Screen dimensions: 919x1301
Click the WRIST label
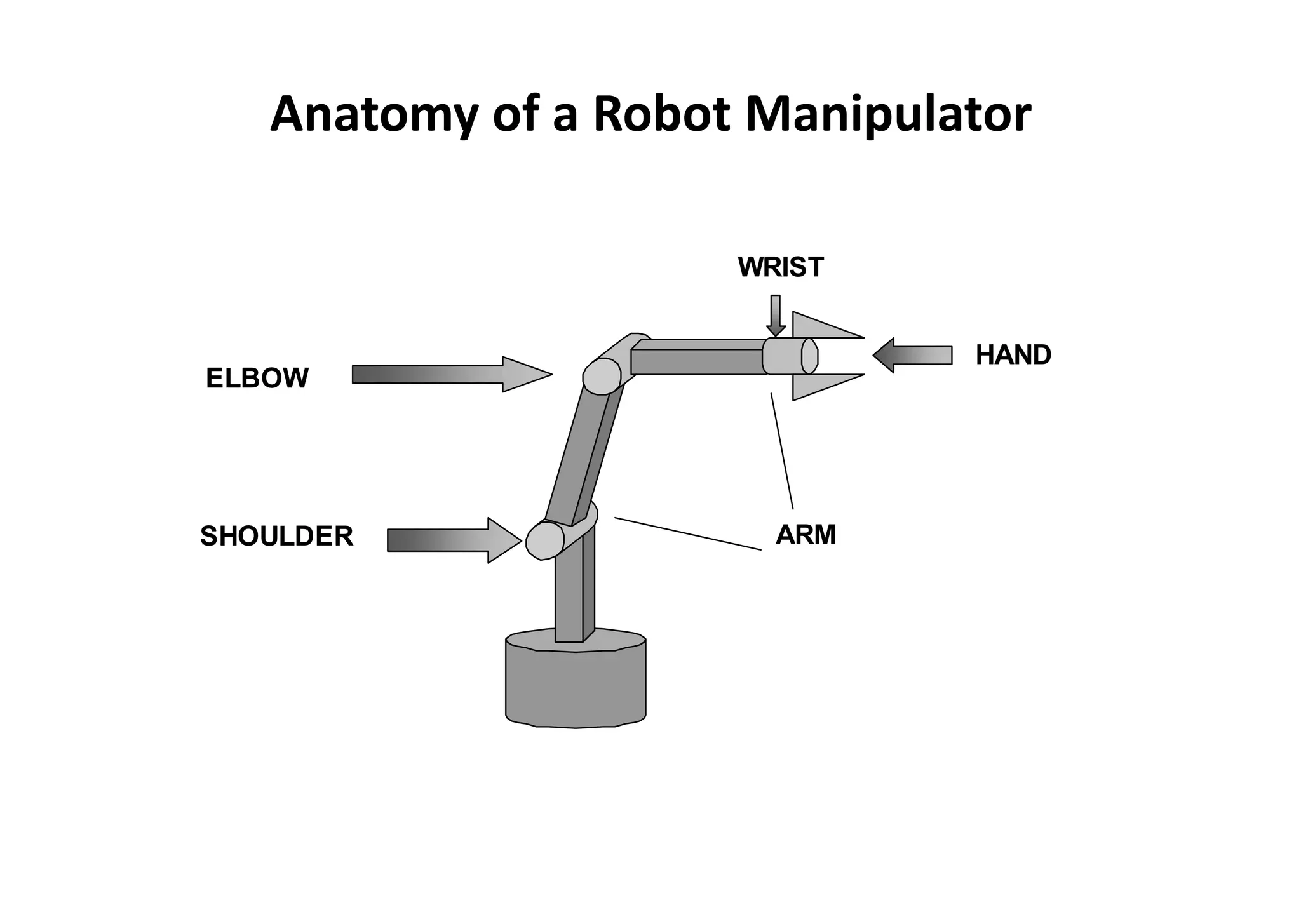pyautogui.click(x=781, y=267)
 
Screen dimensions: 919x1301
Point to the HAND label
pyautogui.click(x=1013, y=355)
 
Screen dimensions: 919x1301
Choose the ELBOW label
pyautogui.click(x=257, y=379)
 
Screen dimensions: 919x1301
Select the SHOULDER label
pyautogui.click(x=276, y=537)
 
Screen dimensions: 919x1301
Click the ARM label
pyautogui.click(x=806, y=535)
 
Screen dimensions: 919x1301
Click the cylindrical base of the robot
pyautogui.click(x=576, y=686)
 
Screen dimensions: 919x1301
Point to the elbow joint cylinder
pyautogui.click(x=602, y=376)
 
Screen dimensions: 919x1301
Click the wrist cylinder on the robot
pyautogui.click(x=788, y=356)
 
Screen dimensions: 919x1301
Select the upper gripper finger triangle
pyautogui.click(x=819, y=328)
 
